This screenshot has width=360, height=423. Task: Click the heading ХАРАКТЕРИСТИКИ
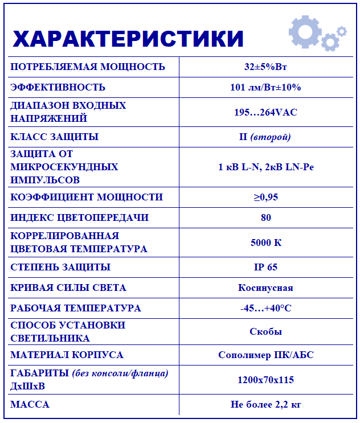click(x=128, y=38)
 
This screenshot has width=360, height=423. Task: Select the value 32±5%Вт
click(x=265, y=67)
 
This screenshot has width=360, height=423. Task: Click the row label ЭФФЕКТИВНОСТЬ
click(x=58, y=87)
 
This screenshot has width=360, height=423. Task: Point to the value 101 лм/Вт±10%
click(x=265, y=87)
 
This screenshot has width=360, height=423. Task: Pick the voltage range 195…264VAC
click(x=265, y=112)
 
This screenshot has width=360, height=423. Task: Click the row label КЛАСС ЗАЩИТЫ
click(x=55, y=137)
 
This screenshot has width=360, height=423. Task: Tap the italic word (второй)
click(x=271, y=137)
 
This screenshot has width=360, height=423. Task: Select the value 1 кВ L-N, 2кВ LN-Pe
click(x=265, y=167)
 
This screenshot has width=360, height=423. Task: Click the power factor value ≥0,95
click(x=265, y=197)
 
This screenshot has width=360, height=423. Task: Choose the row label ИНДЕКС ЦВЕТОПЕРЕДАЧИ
click(x=80, y=217)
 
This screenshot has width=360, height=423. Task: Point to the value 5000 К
click(x=265, y=243)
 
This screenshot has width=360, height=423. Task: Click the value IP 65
click(x=265, y=267)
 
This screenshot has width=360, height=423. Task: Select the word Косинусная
click(x=265, y=288)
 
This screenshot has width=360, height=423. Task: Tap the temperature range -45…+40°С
click(x=265, y=308)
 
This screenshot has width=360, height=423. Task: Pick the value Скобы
click(x=265, y=331)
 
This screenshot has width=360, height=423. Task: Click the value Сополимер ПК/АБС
click(x=265, y=355)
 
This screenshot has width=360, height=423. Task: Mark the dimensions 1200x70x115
click(x=265, y=380)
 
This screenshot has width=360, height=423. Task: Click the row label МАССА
click(x=30, y=405)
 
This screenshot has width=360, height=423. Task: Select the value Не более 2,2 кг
click(x=265, y=405)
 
